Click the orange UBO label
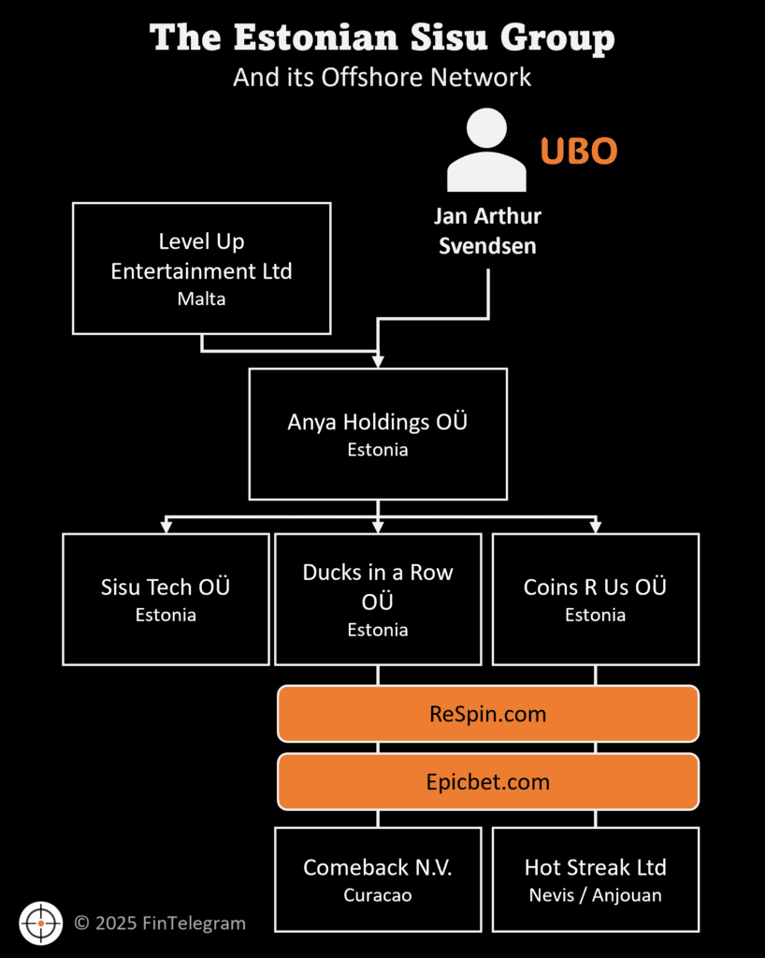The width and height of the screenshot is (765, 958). pyautogui.click(x=578, y=151)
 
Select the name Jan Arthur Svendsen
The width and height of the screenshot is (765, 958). pyautogui.click(x=487, y=229)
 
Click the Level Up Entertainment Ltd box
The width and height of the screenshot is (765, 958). pyautogui.click(x=201, y=268)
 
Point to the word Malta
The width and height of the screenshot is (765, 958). pyautogui.click(x=201, y=299)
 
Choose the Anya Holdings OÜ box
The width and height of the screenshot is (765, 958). pyautogui.click(x=378, y=433)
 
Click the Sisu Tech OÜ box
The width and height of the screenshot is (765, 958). pyautogui.click(x=166, y=599)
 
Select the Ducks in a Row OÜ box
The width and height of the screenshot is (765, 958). pyautogui.click(x=378, y=599)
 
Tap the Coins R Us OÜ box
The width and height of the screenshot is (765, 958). pyautogui.click(x=595, y=599)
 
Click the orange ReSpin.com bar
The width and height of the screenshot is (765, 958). pyautogui.click(x=487, y=714)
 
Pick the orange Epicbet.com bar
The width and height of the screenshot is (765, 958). pyautogui.click(x=487, y=781)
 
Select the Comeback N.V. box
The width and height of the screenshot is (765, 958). pyautogui.click(x=378, y=878)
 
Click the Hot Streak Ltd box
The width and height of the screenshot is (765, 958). pyautogui.click(x=595, y=878)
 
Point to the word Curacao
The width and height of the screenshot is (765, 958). pyautogui.click(x=378, y=895)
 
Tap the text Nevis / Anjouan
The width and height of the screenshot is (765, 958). pyautogui.click(x=595, y=895)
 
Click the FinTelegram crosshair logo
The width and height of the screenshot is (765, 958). pyautogui.click(x=40, y=923)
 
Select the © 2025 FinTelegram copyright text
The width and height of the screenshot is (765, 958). pyautogui.click(x=160, y=923)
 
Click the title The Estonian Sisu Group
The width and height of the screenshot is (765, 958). pyautogui.click(x=382, y=38)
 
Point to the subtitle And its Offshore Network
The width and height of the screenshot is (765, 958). pyautogui.click(x=382, y=77)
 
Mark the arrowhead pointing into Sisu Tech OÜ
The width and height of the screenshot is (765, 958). pyautogui.click(x=166, y=528)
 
